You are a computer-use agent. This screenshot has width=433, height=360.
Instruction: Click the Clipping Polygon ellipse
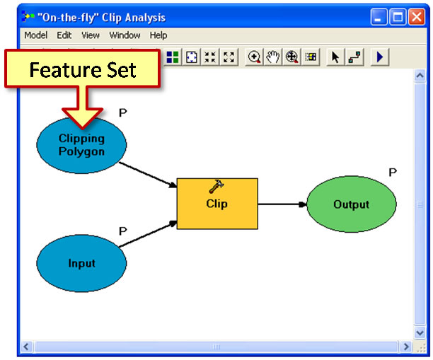click(x=81, y=145)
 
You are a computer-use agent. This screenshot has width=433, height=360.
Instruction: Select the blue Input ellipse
click(x=81, y=263)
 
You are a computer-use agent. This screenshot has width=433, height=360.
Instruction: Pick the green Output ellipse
click(x=351, y=204)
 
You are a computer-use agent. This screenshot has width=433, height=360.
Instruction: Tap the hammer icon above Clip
click(x=216, y=187)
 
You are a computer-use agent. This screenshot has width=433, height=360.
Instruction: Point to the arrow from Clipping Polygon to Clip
click(x=148, y=174)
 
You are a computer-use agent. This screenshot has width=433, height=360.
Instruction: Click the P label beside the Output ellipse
click(x=393, y=172)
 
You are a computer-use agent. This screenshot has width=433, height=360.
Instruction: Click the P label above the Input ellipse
click(x=122, y=231)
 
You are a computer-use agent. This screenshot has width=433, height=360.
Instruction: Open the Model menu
click(x=36, y=35)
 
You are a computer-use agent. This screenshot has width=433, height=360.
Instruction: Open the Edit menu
click(x=64, y=35)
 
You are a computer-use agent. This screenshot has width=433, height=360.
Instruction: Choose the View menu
click(x=91, y=35)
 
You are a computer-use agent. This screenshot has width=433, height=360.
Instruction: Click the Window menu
click(x=125, y=35)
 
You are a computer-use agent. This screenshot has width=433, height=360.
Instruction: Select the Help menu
click(x=158, y=35)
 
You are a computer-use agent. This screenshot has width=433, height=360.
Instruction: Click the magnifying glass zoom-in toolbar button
click(x=254, y=57)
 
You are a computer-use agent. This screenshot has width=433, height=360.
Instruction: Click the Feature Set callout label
click(x=81, y=71)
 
